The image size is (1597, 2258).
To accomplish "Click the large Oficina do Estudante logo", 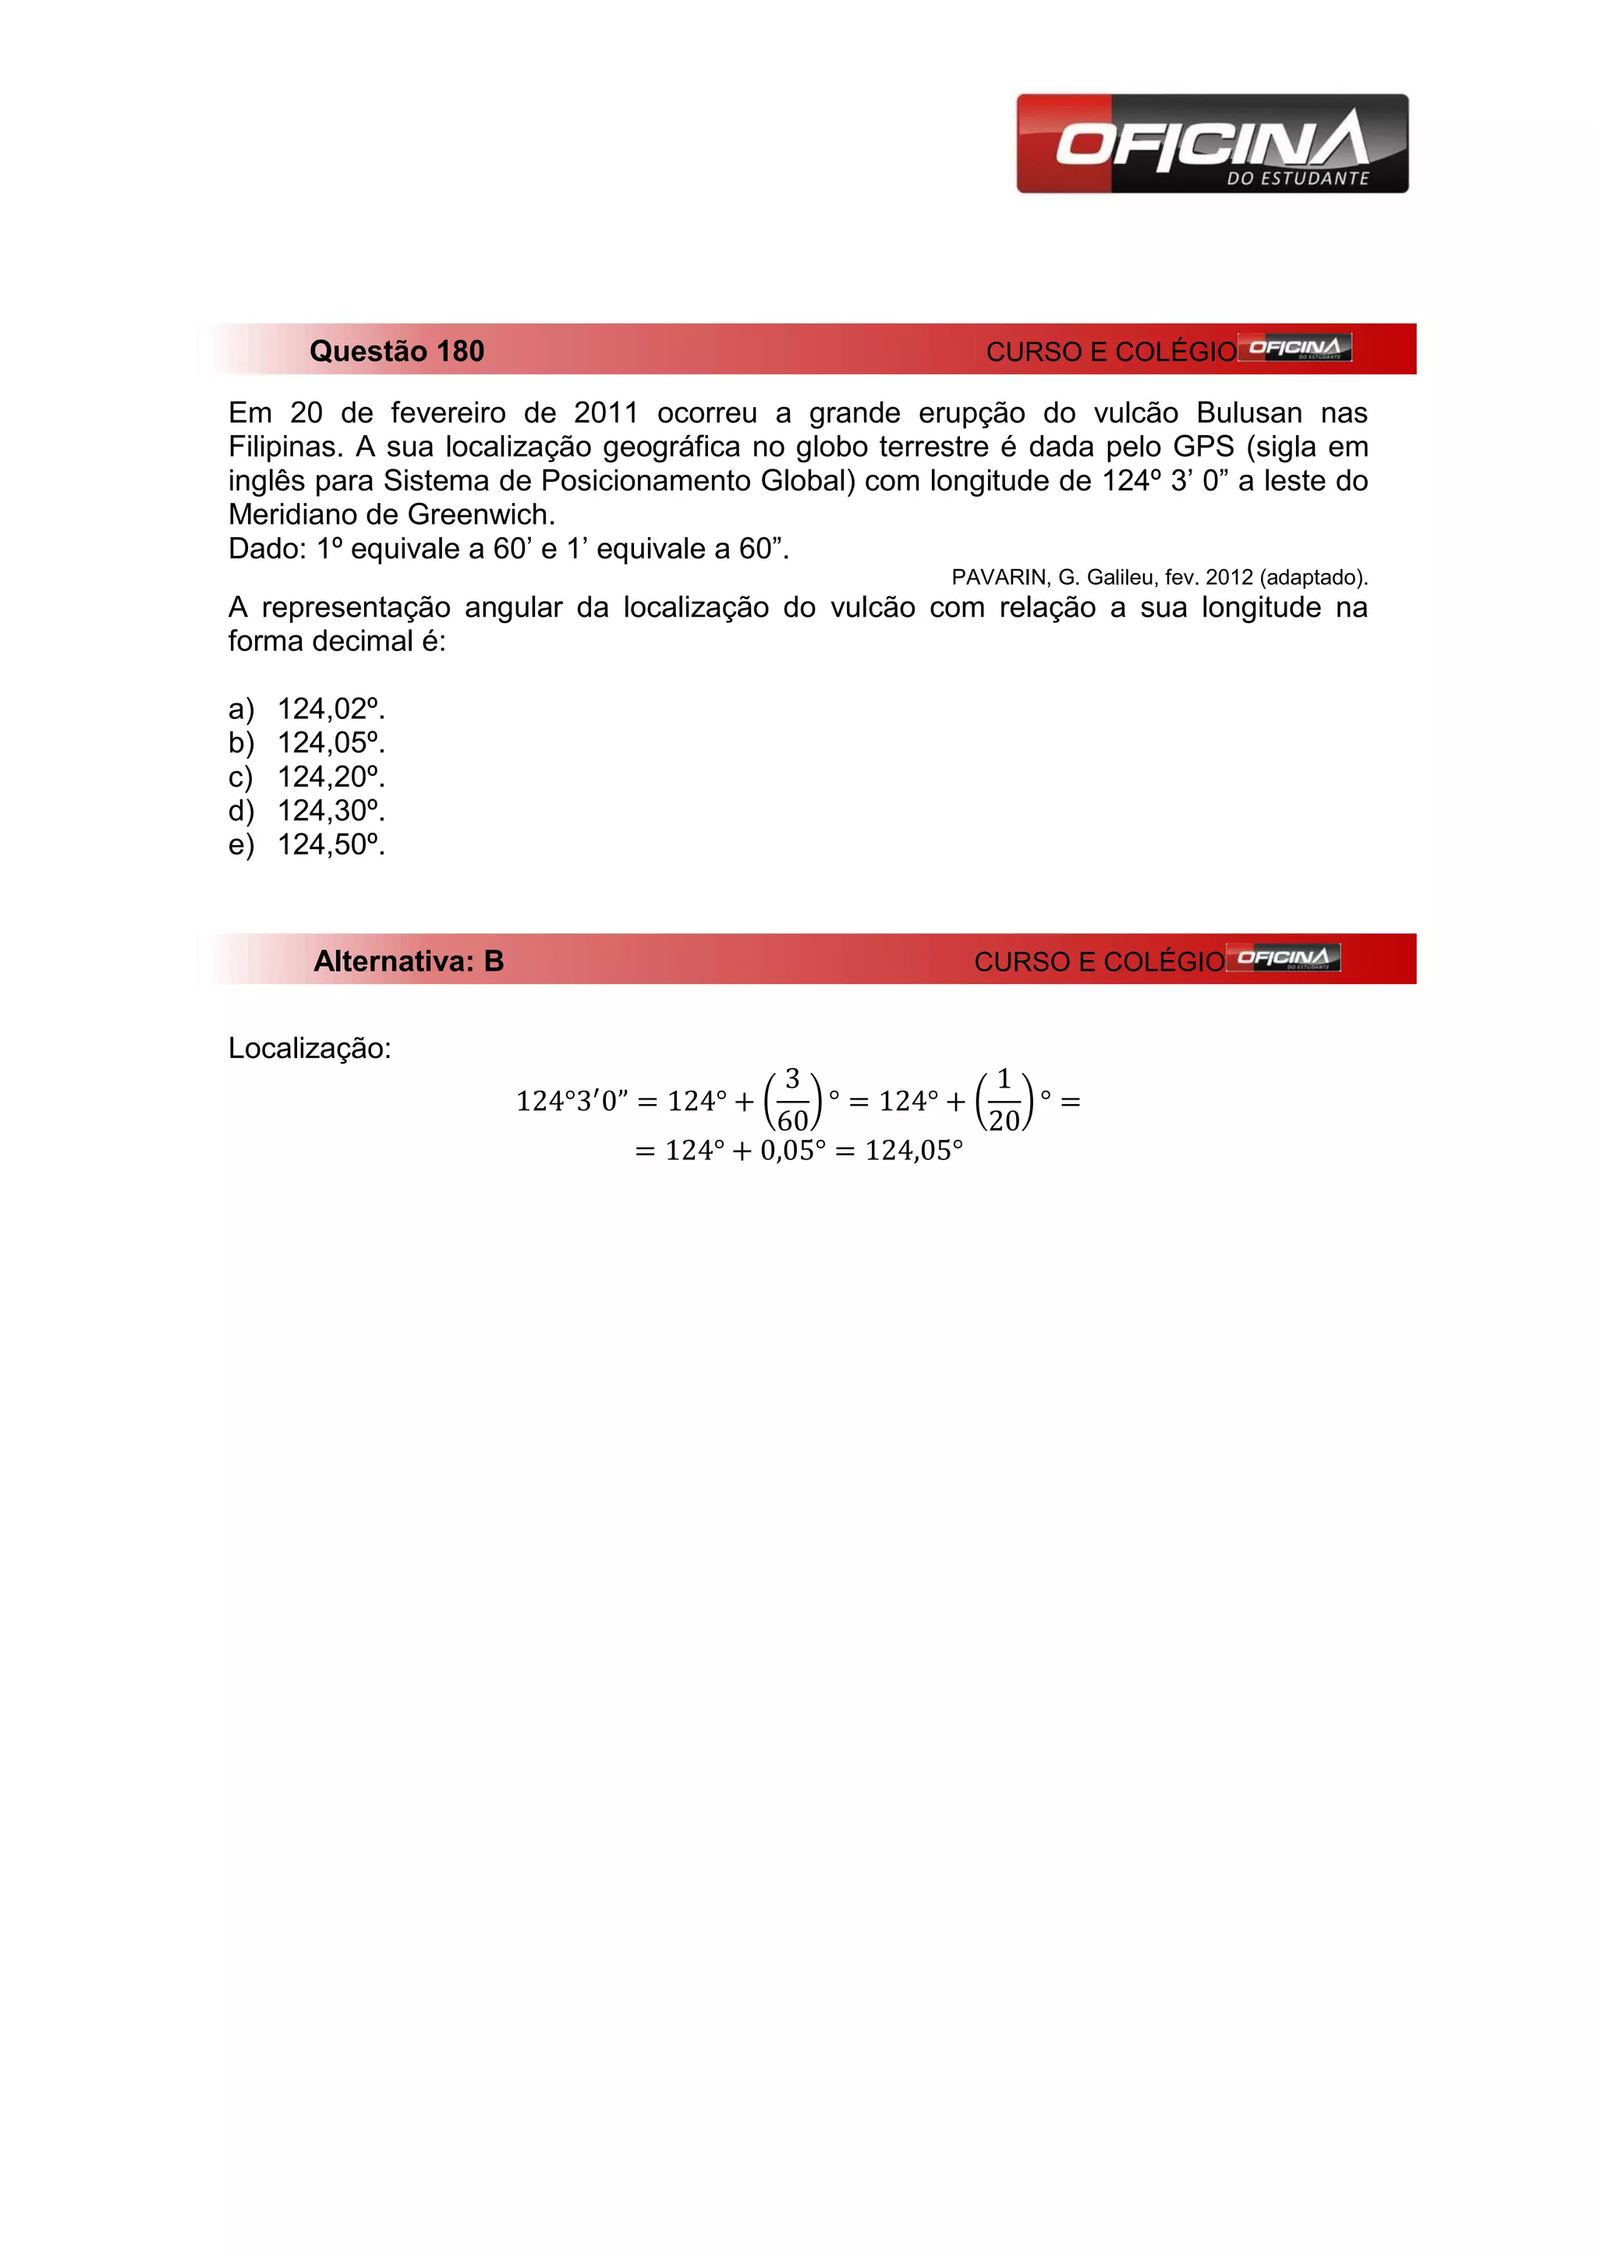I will point(1212,143).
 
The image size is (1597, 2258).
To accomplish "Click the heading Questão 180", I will point(396,351).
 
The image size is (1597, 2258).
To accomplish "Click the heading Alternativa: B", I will point(408,961).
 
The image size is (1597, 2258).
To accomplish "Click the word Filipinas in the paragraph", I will point(283,448).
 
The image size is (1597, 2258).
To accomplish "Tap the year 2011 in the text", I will point(606,413).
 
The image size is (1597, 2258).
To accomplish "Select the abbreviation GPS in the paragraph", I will point(1202,448).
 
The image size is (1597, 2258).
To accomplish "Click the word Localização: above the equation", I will point(310,1049).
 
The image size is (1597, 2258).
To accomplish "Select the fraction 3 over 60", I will point(792,1100).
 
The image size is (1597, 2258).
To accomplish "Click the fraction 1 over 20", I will point(1004,1100).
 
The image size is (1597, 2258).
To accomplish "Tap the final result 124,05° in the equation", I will point(914,1151).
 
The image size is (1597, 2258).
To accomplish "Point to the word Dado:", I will point(267,549).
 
